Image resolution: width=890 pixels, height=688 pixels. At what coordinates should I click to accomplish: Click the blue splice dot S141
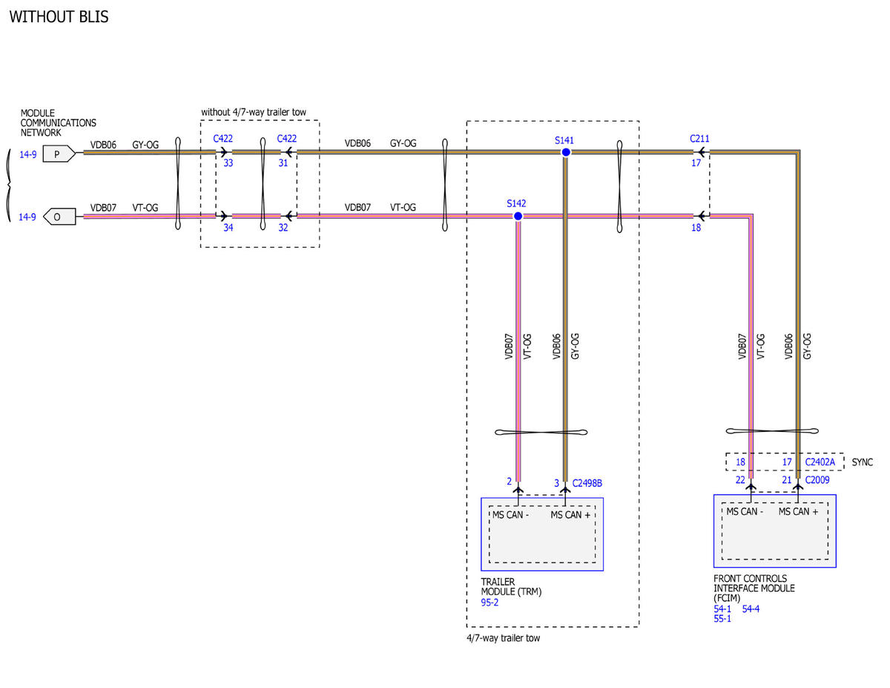[566, 152]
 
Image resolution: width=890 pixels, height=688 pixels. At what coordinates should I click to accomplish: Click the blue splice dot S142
[518, 216]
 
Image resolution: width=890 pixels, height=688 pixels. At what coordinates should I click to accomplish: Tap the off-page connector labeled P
[59, 154]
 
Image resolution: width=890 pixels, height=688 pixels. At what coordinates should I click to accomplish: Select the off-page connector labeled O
[59, 217]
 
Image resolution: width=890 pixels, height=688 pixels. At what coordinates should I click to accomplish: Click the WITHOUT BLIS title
[59, 17]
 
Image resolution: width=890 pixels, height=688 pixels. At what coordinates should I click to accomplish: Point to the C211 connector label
[699, 139]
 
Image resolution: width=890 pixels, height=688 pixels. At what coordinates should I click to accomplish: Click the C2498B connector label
[587, 483]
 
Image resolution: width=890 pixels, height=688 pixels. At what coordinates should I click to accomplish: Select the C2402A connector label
[820, 462]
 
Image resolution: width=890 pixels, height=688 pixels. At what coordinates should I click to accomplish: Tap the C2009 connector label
[817, 480]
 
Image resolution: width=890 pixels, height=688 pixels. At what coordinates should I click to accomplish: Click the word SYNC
[862, 462]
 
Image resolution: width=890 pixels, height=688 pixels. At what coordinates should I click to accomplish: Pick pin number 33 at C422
[228, 163]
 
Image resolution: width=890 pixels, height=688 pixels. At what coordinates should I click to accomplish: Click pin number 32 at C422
[283, 227]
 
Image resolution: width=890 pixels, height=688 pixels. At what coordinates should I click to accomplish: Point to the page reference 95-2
[489, 603]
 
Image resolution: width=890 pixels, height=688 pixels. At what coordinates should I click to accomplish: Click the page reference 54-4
[751, 609]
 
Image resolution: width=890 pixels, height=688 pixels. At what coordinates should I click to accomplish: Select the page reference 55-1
[722, 619]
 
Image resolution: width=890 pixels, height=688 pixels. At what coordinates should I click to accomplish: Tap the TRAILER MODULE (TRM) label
[511, 587]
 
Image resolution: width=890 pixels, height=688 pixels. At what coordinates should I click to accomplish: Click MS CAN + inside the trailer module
[570, 514]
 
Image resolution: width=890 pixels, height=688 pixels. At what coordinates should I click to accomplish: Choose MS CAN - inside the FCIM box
[745, 511]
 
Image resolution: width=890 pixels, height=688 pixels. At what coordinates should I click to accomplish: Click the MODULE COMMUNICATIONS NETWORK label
[58, 123]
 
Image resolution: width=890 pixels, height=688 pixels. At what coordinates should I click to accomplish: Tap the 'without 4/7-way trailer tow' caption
[254, 112]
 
